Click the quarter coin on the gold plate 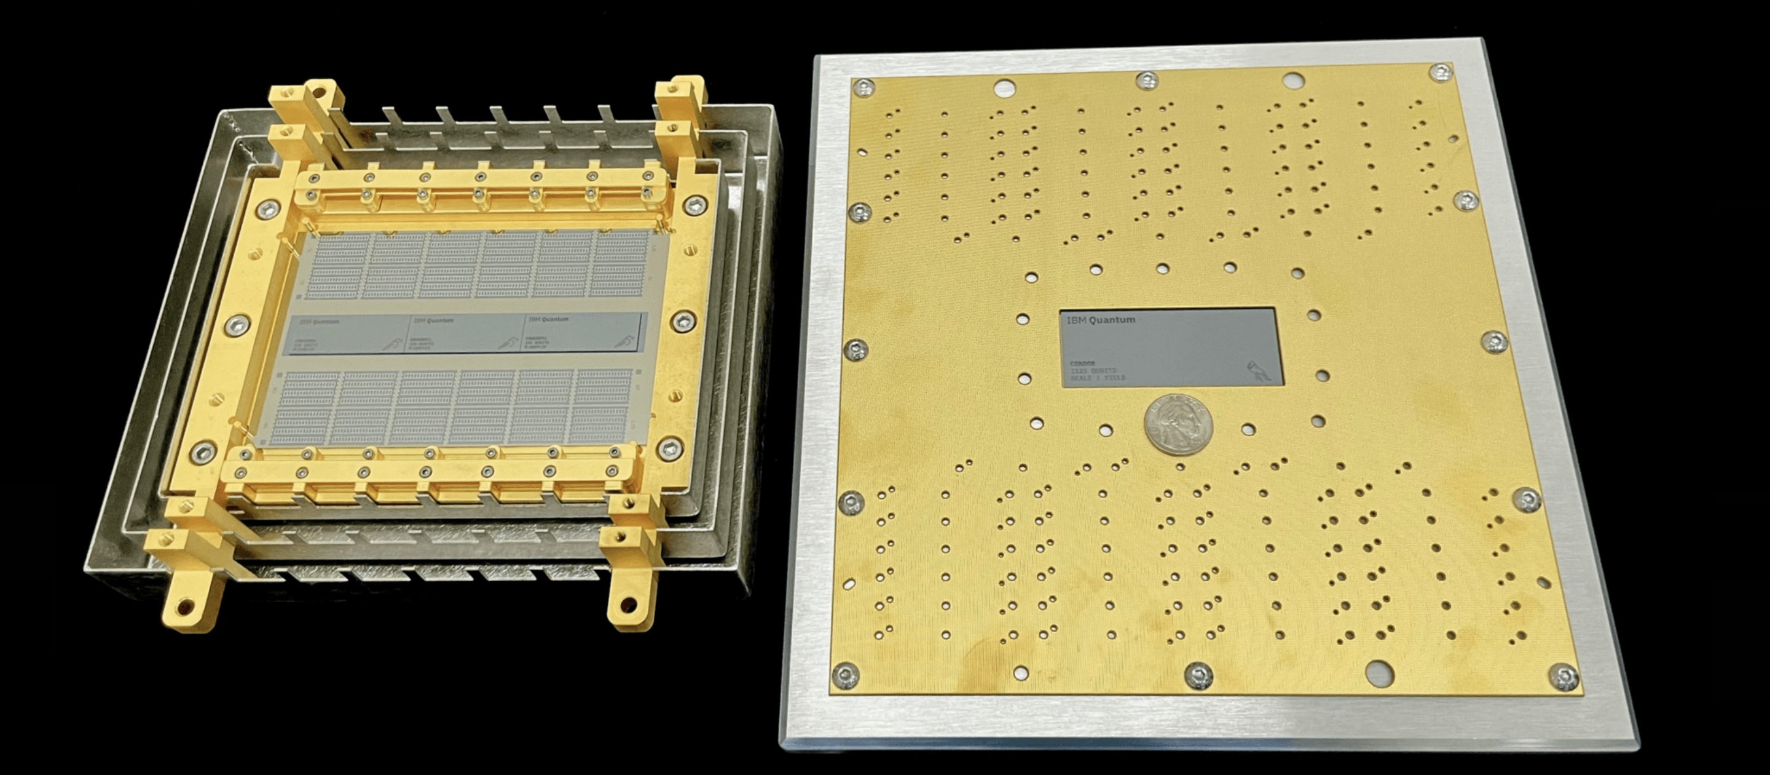pos(1178,424)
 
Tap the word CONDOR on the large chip pos(1083,363)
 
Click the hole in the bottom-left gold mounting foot pos(184,608)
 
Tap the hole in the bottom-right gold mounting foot pos(626,606)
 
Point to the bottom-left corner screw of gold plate pos(845,675)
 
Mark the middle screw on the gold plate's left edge pos(856,350)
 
